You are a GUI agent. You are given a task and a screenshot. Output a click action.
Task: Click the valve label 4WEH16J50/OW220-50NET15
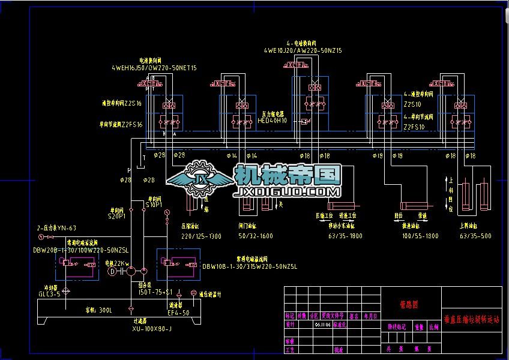click(154, 68)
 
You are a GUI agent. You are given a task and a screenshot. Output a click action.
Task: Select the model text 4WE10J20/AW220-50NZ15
click(302, 51)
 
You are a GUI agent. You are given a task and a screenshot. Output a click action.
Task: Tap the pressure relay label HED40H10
click(273, 120)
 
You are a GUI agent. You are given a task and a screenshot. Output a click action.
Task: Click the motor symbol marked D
click(111, 271)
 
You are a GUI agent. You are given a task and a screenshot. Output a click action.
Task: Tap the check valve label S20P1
click(116, 216)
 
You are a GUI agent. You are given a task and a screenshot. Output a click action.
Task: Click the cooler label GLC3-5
click(50, 295)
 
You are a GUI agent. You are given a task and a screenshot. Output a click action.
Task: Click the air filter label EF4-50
click(179, 313)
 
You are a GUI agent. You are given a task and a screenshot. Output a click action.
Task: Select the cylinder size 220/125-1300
click(200, 236)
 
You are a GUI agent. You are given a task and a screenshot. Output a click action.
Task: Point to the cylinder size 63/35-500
click(475, 236)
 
